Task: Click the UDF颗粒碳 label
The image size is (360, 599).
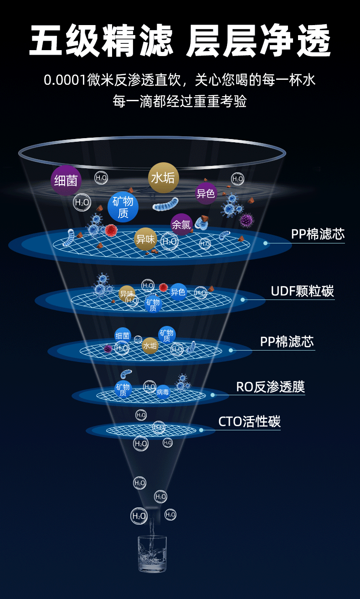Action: point(302,291)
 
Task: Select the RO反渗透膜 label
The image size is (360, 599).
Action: point(270,387)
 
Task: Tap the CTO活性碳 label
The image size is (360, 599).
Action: point(249,421)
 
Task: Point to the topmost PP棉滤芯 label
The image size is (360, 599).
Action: point(318,234)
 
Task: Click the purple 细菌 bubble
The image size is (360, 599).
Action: point(66,181)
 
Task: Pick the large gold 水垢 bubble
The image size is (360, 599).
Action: point(163,177)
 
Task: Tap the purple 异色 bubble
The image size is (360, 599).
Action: point(206,193)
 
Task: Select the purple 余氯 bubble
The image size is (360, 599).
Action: point(181,224)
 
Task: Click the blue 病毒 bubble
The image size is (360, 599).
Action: point(163,392)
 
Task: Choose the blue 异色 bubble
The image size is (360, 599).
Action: point(178,292)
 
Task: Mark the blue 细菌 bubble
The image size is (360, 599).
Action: point(123,336)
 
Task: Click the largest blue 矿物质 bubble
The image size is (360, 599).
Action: point(123,207)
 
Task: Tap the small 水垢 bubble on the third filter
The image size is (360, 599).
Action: point(150,346)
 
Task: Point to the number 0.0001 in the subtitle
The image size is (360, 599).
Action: point(65,81)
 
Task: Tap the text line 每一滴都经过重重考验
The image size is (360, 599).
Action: point(180,101)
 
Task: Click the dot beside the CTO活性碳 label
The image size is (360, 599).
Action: point(201,429)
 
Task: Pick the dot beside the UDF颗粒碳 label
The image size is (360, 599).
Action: point(243,299)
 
